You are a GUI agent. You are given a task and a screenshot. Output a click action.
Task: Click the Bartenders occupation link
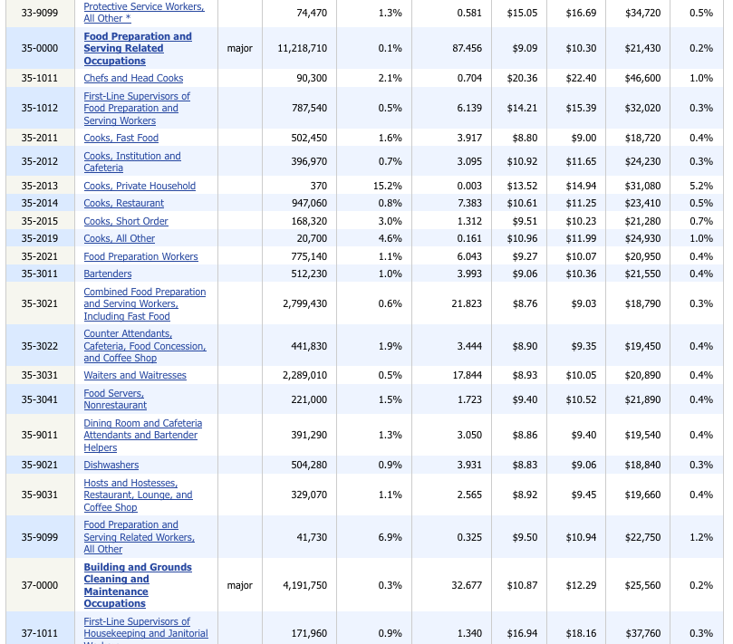pyautogui.click(x=108, y=274)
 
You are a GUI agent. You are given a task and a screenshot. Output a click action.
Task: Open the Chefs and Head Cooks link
pyautogui.click(x=133, y=78)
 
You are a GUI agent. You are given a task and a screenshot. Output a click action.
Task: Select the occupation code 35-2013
pyautogui.click(x=40, y=186)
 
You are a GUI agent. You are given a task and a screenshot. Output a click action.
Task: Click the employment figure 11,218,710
pyautogui.click(x=303, y=48)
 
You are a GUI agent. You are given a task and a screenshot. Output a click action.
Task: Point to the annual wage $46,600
pyautogui.click(x=642, y=78)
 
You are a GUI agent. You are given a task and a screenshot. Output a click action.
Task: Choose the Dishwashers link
pyautogui.click(x=111, y=465)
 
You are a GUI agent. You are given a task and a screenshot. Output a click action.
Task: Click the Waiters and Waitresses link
pyautogui.click(x=135, y=375)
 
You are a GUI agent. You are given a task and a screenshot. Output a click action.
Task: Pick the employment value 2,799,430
pyautogui.click(x=304, y=303)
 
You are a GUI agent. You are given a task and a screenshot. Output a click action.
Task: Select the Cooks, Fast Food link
pyautogui.click(x=121, y=138)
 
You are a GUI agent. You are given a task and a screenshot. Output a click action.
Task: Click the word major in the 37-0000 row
pyautogui.click(x=240, y=585)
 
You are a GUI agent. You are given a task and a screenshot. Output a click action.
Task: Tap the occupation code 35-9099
pyautogui.click(x=40, y=537)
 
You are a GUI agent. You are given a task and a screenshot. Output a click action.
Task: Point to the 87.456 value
pyautogui.click(x=467, y=48)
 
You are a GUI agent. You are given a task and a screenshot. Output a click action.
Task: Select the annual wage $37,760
pyautogui.click(x=642, y=633)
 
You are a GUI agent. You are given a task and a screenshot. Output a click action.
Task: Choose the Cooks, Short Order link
pyautogui.click(x=126, y=221)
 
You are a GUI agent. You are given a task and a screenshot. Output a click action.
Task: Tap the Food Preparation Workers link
pyautogui.click(x=140, y=256)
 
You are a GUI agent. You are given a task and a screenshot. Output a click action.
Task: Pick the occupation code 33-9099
pyautogui.click(x=40, y=13)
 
